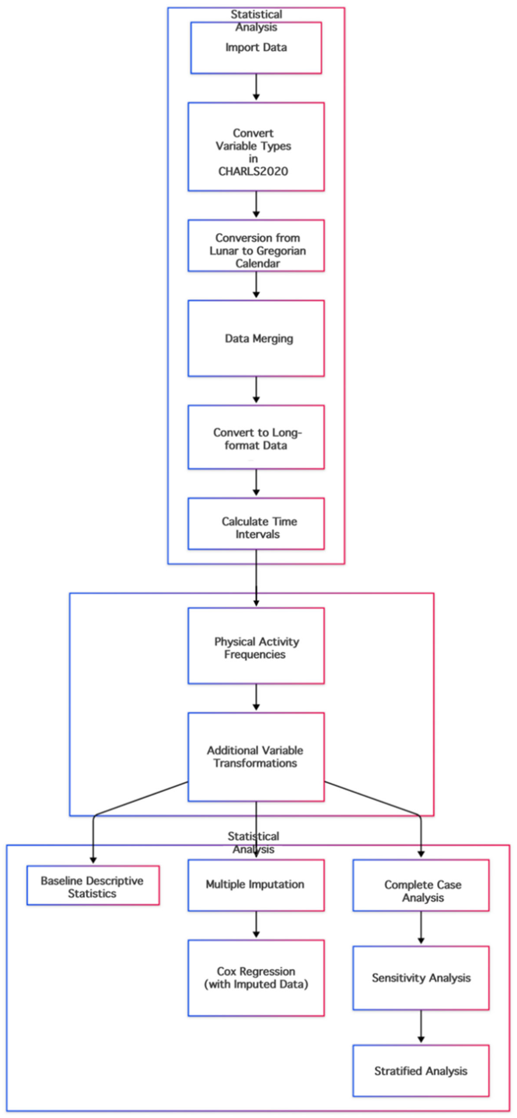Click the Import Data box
(x=256, y=48)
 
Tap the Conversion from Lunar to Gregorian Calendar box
(x=256, y=246)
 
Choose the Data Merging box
(x=256, y=339)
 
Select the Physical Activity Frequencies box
(x=256, y=646)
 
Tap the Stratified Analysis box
(x=421, y=1071)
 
